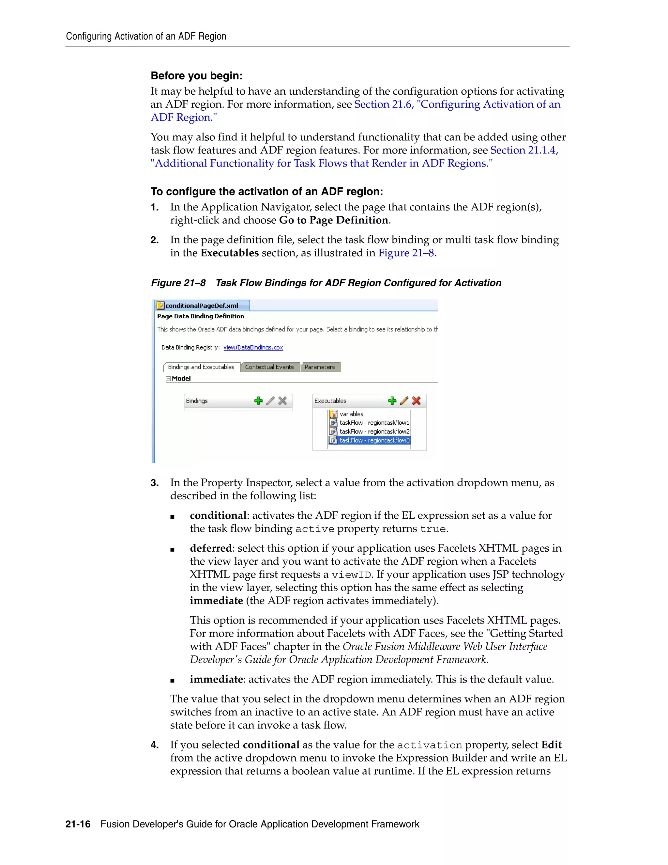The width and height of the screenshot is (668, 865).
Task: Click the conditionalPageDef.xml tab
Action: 202,306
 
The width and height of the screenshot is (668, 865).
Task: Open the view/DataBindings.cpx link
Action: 253,347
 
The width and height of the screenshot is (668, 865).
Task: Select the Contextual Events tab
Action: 269,367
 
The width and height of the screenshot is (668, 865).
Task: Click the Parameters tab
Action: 319,367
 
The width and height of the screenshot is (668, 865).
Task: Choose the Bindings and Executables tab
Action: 201,367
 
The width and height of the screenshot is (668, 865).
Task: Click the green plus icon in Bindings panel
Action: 258,401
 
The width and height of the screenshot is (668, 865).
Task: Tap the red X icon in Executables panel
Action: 416,401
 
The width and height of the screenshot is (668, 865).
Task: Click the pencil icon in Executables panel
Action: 404,401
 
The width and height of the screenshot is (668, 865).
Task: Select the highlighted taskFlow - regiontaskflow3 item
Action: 374,440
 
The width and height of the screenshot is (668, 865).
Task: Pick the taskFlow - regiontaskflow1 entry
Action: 374,423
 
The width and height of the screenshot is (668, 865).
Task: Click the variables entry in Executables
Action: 351,414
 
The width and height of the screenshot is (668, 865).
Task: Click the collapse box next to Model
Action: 168,379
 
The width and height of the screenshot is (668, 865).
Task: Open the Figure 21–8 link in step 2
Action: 406,253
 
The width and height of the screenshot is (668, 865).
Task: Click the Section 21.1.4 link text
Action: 524,150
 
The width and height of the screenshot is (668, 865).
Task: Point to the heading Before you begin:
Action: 196,76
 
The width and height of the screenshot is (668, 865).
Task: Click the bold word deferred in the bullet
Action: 210,548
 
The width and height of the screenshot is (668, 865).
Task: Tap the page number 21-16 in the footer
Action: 78,824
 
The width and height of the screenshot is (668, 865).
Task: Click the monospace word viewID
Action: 351,575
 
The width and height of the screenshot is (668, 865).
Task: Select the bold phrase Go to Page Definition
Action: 334,220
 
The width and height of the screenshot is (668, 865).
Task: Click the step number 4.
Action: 154,745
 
